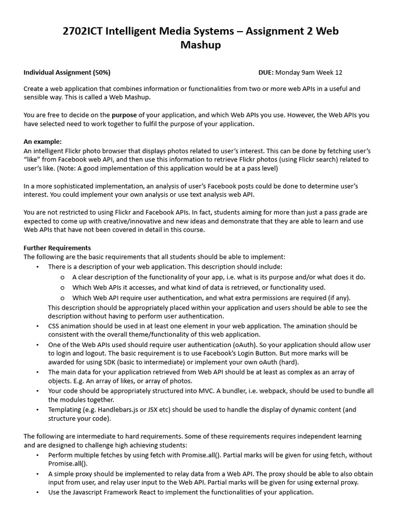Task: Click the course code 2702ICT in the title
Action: (82, 32)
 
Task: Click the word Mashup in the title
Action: (200, 45)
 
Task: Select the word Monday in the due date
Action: (289, 73)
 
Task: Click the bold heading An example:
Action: (43, 141)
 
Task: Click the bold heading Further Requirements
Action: (57, 248)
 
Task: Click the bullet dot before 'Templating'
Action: (37, 409)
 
